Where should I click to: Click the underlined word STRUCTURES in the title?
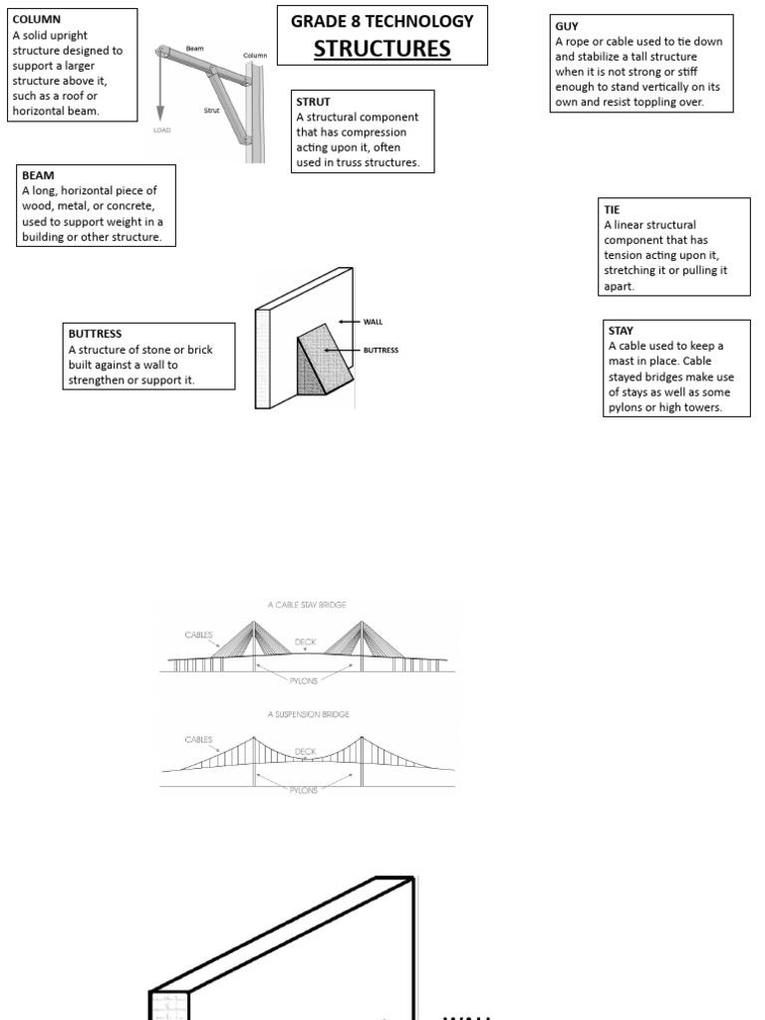[382, 48]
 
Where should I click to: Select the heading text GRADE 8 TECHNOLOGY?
[382, 21]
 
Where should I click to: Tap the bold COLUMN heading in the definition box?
[36, 20]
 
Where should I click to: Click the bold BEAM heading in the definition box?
[38, 175]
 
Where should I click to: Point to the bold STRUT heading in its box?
[314, 102]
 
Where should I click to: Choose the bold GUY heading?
[567, 26]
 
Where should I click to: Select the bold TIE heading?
[612, 209]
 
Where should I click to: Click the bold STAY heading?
[621, 330]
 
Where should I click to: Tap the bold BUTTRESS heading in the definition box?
[95, 334]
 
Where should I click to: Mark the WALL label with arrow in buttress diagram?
[373, 322]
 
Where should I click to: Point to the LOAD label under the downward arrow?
[160, 129]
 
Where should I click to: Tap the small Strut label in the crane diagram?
[211, 111]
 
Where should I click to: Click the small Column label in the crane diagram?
[255, 55]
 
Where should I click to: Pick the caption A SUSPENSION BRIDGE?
[308, 714]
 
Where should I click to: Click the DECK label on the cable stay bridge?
[305, 642]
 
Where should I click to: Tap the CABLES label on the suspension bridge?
[198, 740]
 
